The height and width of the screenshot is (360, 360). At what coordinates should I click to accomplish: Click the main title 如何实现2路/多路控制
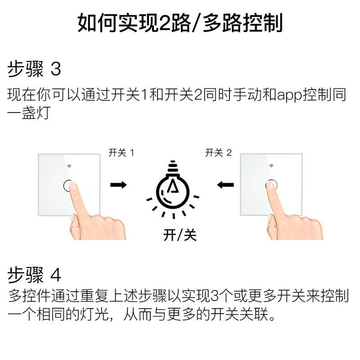(180, 22)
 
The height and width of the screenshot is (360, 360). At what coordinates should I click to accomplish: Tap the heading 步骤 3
(34, 70)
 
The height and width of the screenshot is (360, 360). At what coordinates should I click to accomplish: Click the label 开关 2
(218, 153)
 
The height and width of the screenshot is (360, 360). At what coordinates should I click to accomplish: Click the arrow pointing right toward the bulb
(118, 184)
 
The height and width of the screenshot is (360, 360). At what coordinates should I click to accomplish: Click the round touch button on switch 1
(67, 185)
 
